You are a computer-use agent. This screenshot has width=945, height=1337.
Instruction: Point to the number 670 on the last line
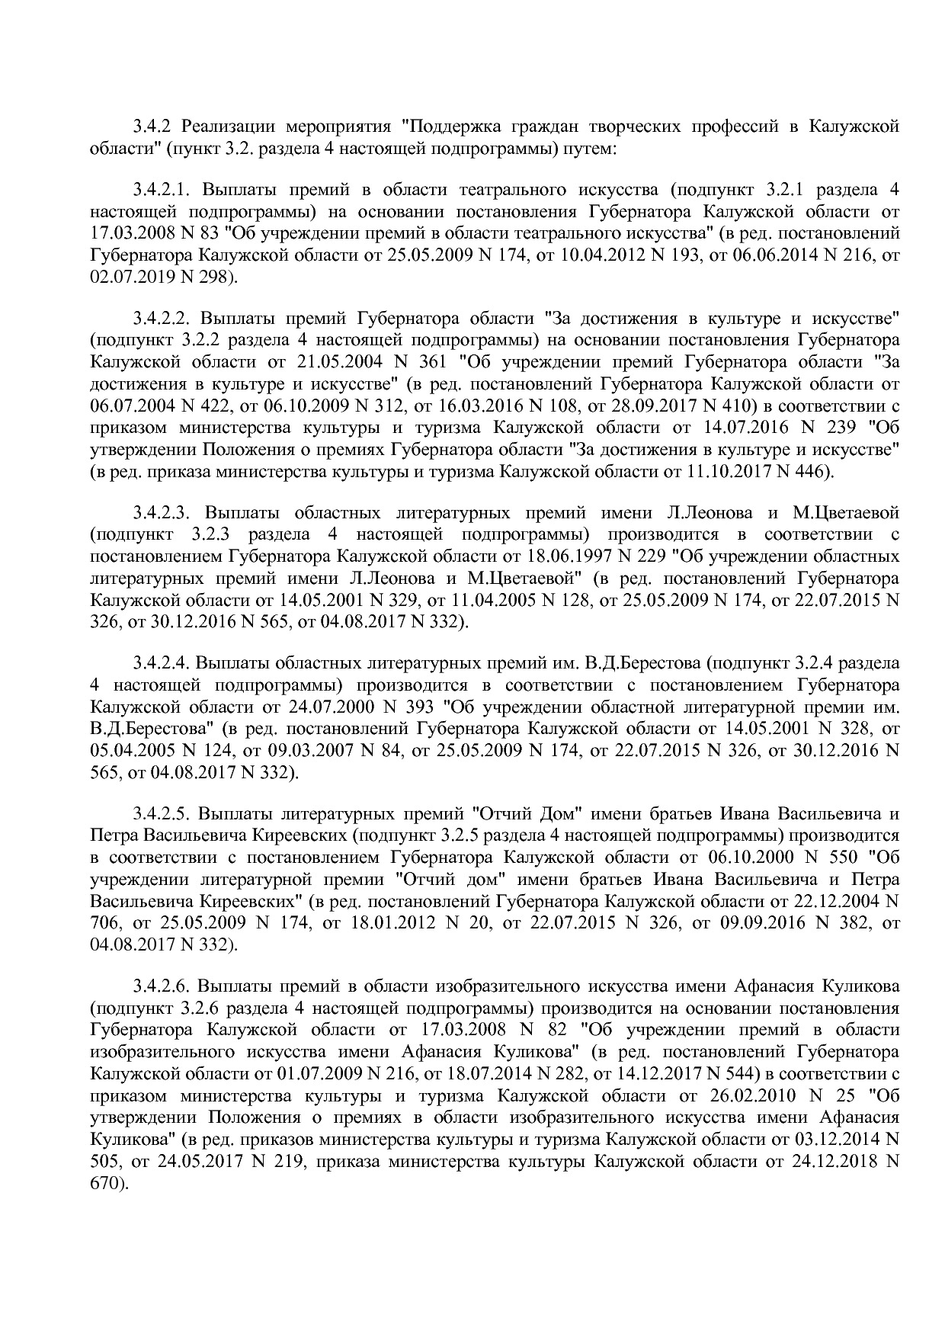tap(102, 1184)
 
